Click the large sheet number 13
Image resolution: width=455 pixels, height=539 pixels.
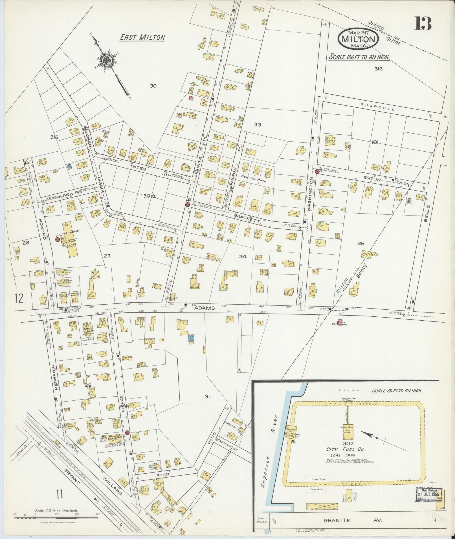tap(423, 23)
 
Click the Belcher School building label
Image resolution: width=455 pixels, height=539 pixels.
tap(68, 230)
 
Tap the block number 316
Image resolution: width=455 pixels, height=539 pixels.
tap(378, 69)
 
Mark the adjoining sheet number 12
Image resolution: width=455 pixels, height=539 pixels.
tap(19, 298)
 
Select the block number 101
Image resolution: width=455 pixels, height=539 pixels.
tap(375, 143)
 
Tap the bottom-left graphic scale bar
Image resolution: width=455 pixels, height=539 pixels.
tap(56, 518)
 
